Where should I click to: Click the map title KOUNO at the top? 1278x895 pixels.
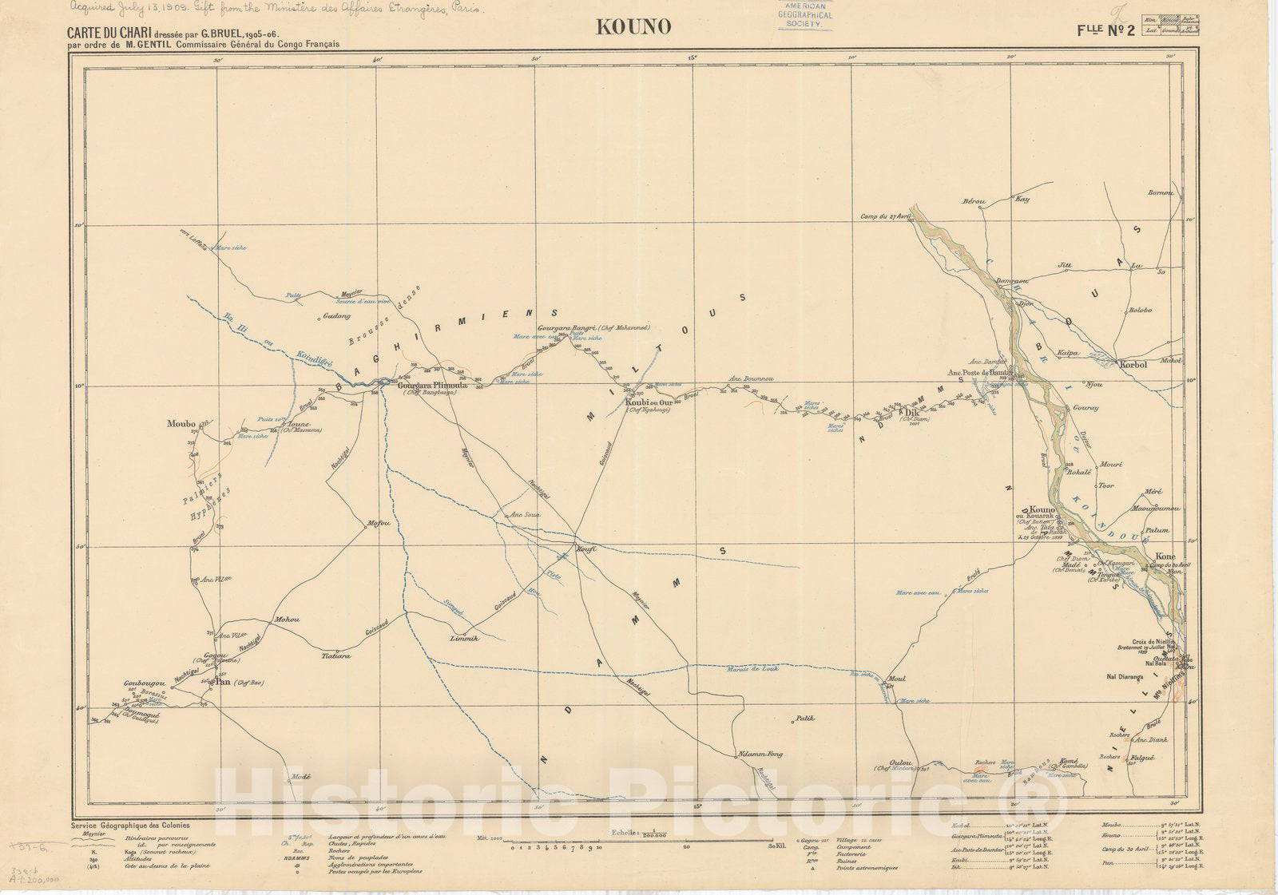pos(633,27)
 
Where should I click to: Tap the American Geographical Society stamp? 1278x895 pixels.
pos(805,14)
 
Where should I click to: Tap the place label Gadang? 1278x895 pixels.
pos(335,316)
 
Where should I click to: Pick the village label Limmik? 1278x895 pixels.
pos(464,639)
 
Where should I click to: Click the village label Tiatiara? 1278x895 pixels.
pos(335,656)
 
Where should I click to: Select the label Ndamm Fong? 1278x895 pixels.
pos(760,754)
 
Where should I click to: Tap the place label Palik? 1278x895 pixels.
pos(804,719)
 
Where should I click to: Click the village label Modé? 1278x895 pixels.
pos(300,776)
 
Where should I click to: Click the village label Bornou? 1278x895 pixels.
pos(1160,192)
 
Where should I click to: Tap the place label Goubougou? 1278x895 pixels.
pos(144,683)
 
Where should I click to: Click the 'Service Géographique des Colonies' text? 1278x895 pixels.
pos(130,826)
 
